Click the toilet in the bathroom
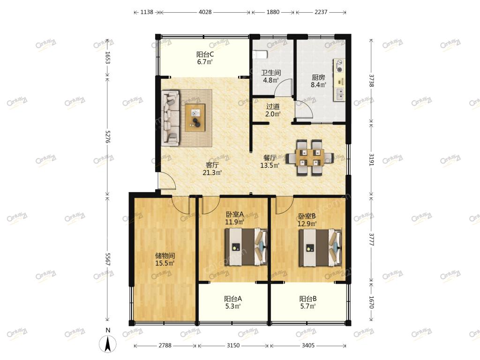coord(260,55)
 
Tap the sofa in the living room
coord(170,118)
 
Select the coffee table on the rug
coord(195,118)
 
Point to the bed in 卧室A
coord(246,247)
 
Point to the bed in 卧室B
coord(320,247)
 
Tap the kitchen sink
coord(340,94)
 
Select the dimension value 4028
coord(205,12)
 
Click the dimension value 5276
coord(107,136)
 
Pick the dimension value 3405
coord(308,345)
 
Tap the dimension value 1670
coord(371,302)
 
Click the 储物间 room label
coord(165,255)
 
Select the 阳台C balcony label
coord(205,54)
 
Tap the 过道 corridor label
coord(273,106)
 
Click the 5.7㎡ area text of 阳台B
coord(308,306)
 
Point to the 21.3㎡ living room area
coord(212,172)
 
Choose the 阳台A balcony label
coord(233,299)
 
